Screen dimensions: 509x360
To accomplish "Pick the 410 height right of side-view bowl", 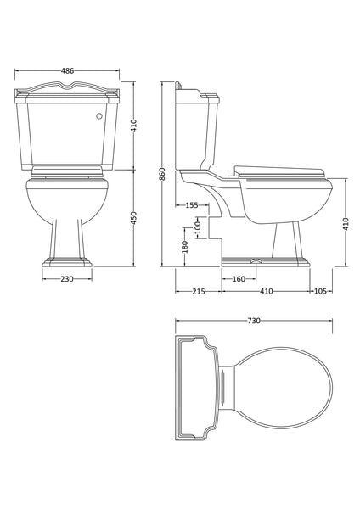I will tap(346, 223).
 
